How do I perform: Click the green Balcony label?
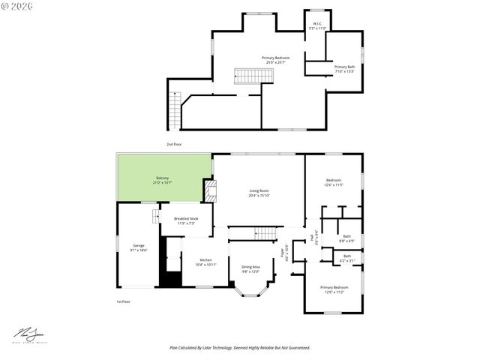point(162,180)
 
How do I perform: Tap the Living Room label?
point(259,193)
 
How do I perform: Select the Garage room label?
point(139,247)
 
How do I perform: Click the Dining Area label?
point(250,268)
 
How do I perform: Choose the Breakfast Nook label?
point(186,220)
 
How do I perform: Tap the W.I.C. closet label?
point(317,25)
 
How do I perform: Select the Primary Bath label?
point(344,69)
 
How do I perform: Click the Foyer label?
point(283,253)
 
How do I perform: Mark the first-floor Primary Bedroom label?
point(334,289)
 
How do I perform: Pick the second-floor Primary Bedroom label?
point(275,60)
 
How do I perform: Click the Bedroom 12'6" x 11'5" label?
point(334,182)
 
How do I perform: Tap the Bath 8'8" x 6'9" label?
point(346,238)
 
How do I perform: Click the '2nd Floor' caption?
point(174,143)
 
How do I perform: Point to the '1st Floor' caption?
point(123,301)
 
